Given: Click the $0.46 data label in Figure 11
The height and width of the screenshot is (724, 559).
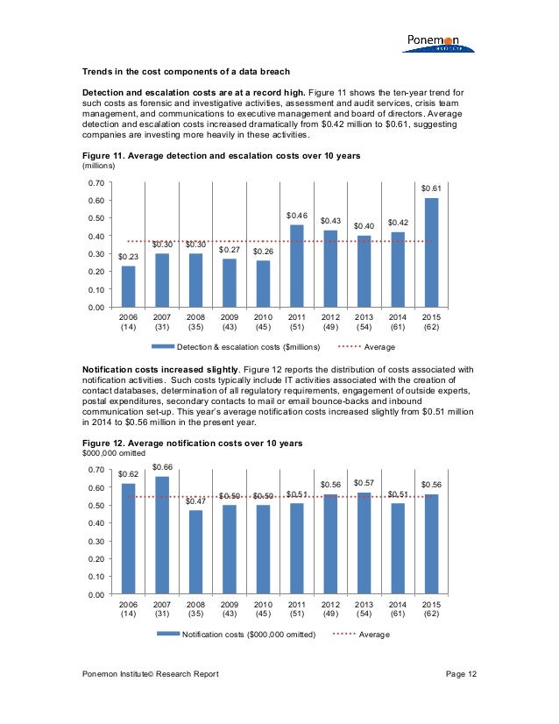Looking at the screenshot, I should [297, 215].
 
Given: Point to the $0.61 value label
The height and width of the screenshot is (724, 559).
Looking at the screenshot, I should [431, 188].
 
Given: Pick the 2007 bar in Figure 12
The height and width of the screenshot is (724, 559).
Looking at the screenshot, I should [162, 535].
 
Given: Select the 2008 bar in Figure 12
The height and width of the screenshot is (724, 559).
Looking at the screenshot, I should [195, 552].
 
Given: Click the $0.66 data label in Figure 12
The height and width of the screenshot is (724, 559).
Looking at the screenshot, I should [162, 467].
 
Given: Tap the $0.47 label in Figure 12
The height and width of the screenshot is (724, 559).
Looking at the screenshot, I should [195, 500].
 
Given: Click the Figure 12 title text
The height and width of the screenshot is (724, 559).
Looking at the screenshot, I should [192, 444].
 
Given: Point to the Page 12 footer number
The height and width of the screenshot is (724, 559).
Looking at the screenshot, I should [461, 673].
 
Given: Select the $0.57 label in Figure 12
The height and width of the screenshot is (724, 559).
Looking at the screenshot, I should [364, 483].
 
